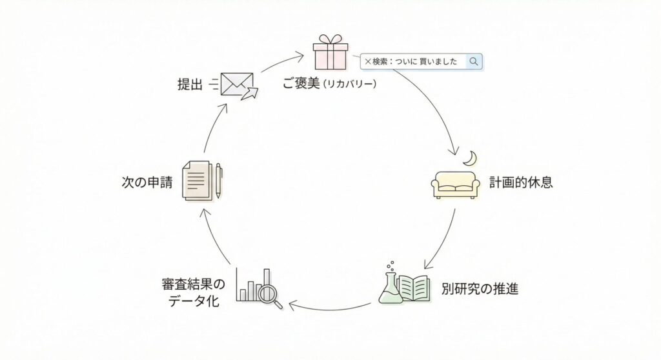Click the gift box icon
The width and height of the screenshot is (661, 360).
[x=330, y=53]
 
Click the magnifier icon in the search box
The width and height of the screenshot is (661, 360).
[x=474, y=61]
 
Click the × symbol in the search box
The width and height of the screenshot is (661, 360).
[x=368, y=61]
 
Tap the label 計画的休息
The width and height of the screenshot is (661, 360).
[x=521, y=183]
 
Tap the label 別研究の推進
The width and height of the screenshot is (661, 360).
[x=480, y=288]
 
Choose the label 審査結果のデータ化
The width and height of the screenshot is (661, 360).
[x=194, y=292]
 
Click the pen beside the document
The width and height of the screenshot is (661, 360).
[x=219, y=180]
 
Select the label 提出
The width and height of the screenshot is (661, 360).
[x=190, y=85]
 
